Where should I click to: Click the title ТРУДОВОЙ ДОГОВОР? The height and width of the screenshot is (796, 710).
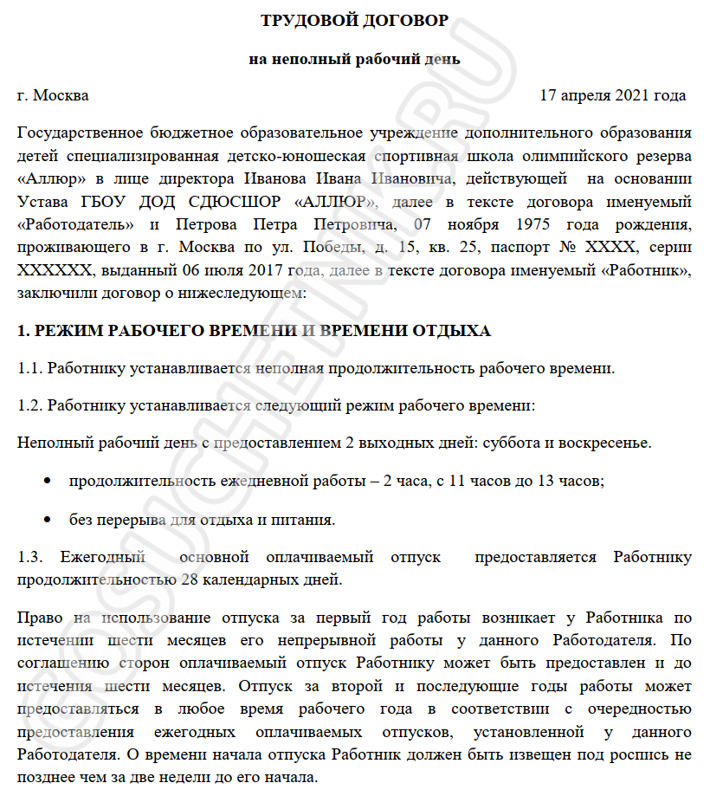pos(354,19)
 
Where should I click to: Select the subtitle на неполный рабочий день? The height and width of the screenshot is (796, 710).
pos(354,60)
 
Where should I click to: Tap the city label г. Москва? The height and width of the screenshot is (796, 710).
pos(53,95)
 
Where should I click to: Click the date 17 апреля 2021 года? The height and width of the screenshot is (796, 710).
pos(612,95)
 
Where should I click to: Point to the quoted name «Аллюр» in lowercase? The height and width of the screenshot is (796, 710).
pos(48,179)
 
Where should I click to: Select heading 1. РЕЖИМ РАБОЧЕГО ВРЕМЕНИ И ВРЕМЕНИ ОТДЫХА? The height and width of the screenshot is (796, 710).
pos(255,331)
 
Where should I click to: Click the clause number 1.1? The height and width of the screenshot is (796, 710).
pos(30,368)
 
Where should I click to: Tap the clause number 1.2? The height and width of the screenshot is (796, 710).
pos(30,405)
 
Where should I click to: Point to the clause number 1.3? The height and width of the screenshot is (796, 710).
pos(30,557)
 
